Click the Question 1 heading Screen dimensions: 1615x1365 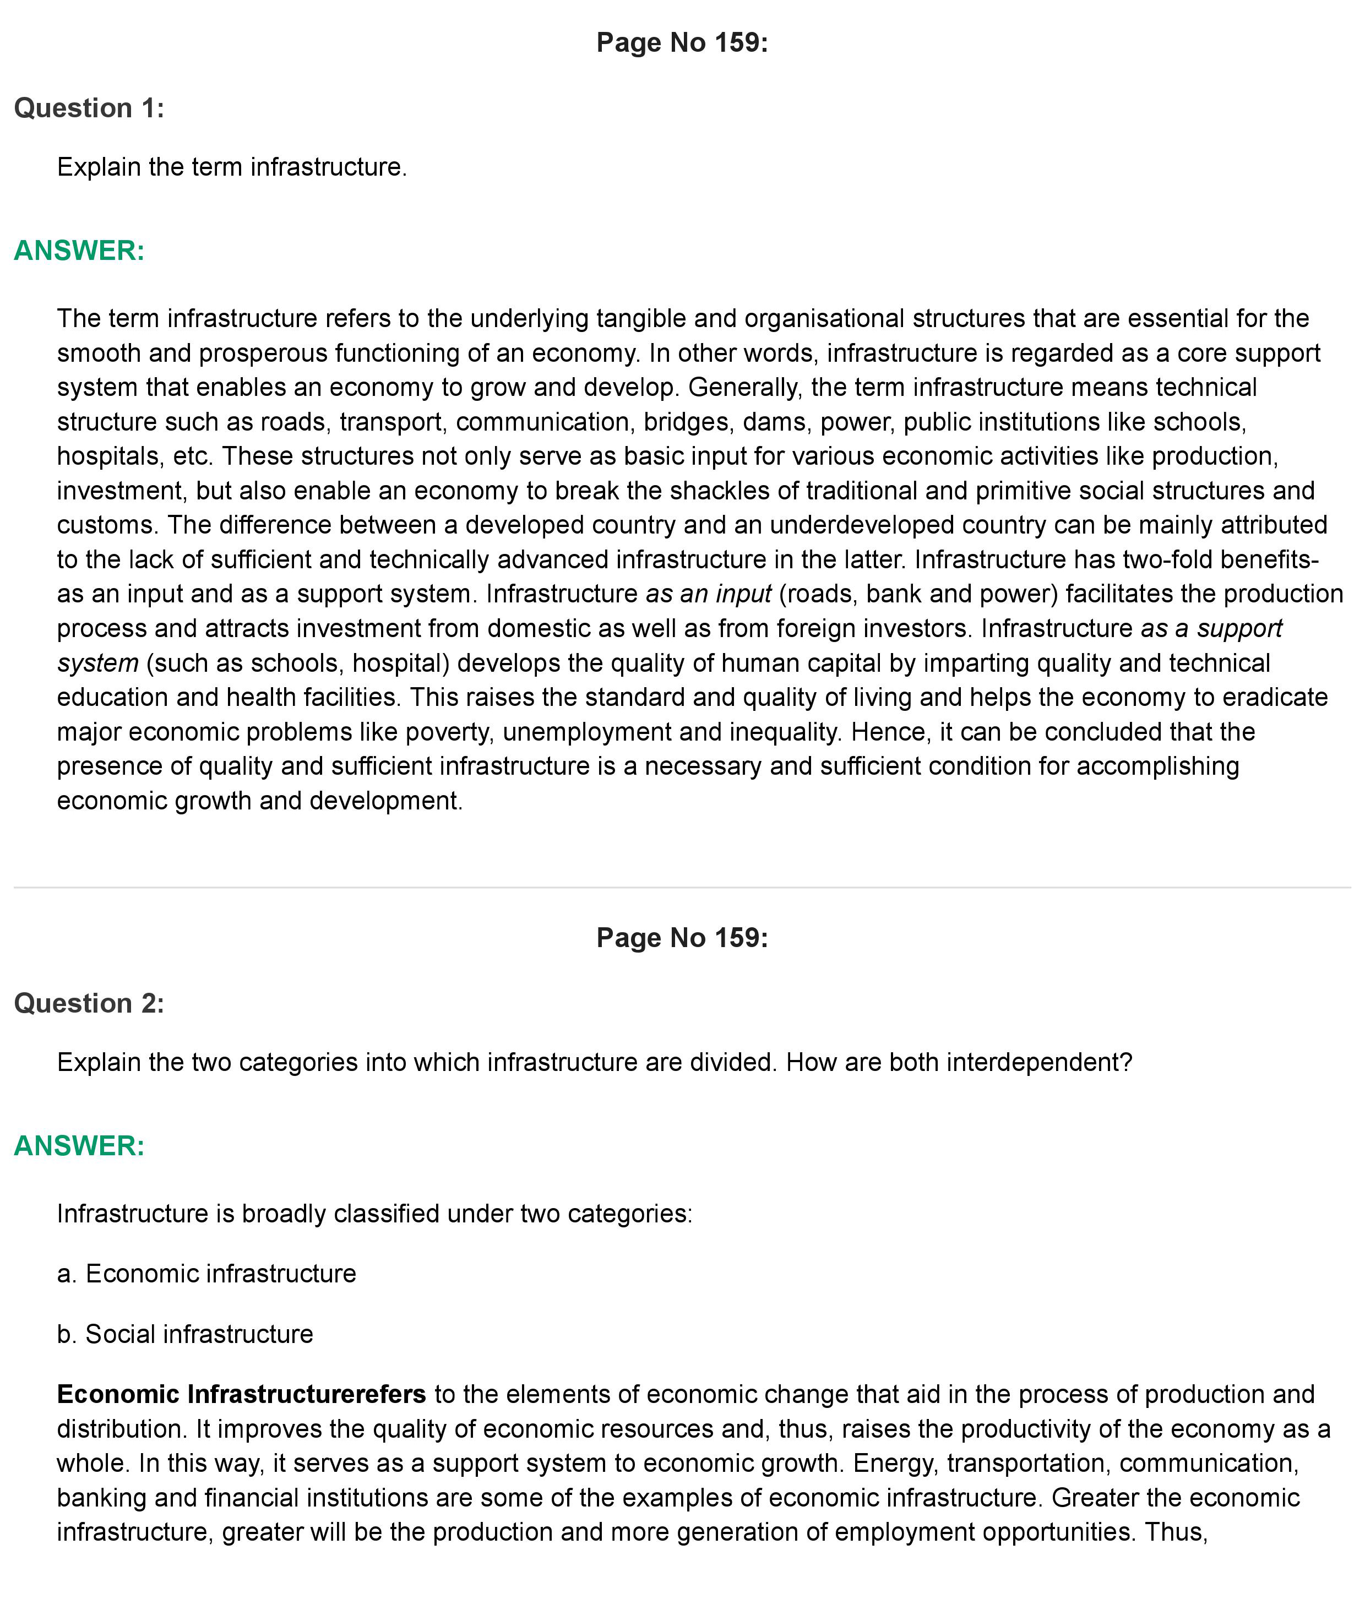pos(89,108)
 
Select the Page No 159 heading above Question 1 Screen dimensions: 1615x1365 pos(682,42)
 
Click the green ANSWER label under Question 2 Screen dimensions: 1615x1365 pos(79,1145)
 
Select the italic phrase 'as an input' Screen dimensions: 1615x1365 pos(708,594)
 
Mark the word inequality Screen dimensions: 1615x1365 pos(779,731)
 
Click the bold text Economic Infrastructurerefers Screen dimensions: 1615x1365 pos(241,1394)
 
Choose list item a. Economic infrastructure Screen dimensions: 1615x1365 pos(206,1273)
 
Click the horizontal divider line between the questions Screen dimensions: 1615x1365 pos(682,887)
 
